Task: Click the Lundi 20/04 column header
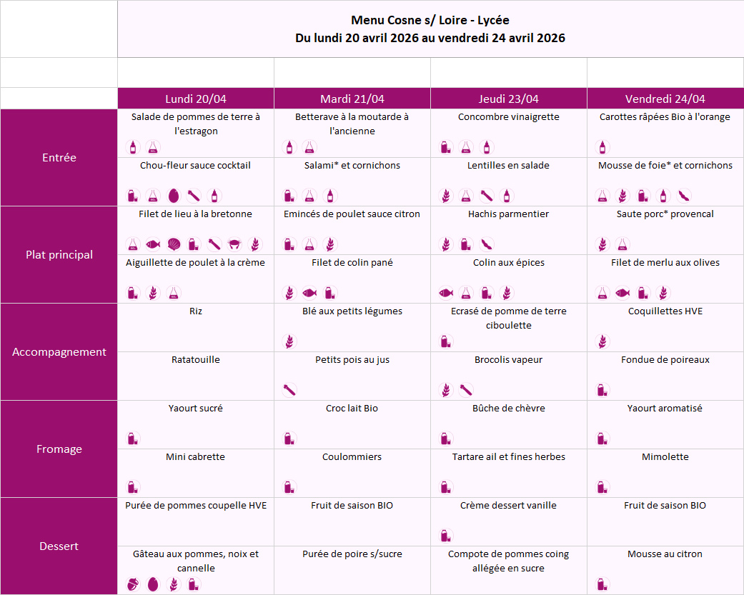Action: point(196,99)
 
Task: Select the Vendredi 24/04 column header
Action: point(665,99)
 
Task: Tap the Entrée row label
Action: point(59,158)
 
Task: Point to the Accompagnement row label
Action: point(59,352)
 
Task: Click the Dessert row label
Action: point(59,546)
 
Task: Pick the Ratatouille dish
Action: point(196,360)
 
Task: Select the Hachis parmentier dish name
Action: point(508,214)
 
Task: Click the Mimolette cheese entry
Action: point(665,457)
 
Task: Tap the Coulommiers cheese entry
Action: point(352,457)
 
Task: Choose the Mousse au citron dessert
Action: point(665,554)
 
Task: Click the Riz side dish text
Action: point(196,311)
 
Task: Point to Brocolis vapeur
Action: point(508,360)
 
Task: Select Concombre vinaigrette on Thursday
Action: point(508,117)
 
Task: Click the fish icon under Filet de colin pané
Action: point(309,293)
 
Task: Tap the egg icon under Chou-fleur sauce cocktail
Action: point(173,196)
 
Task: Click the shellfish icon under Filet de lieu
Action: point(173,244)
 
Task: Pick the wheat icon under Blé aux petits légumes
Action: point(289,341)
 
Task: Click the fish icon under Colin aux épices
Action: point(446,293)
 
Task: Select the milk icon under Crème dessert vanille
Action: point(446,536)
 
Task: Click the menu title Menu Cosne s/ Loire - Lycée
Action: point(430,20)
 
